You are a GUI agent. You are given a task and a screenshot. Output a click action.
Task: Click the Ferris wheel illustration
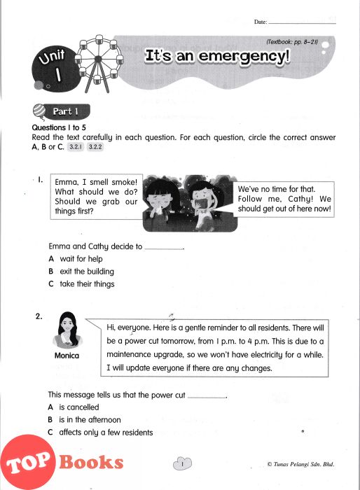(99, 64)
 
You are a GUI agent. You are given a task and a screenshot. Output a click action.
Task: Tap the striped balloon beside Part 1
(39, 111)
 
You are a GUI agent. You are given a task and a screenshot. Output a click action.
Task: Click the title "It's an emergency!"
(217, 56)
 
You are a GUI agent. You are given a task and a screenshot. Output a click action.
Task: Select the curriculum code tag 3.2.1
(76, 146)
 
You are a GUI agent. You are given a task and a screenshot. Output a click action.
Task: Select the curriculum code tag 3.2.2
(95, 146)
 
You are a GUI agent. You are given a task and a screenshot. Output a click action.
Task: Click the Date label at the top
(261, 22)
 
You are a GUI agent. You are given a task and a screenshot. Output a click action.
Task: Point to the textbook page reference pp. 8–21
(292, 42)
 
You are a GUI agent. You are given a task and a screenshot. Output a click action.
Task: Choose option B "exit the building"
(81, 272)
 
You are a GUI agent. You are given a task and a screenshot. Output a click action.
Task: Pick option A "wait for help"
(76, 259)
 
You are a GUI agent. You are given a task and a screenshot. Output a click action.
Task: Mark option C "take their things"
(82, 283)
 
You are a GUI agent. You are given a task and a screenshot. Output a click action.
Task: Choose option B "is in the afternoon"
(84, 420)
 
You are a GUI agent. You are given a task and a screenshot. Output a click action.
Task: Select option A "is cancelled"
(74, 407)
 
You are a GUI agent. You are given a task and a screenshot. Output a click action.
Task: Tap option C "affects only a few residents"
(100, 433)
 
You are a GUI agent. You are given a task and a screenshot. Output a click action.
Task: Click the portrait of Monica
(67, 330)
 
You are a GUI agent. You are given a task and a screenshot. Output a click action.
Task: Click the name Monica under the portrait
(67, 356)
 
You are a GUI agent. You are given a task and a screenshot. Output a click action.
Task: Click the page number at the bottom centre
(182, 464)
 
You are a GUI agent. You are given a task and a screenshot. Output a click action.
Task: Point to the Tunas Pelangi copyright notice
(301, 464)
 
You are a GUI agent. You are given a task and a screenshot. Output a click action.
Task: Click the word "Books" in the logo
(91, 462)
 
